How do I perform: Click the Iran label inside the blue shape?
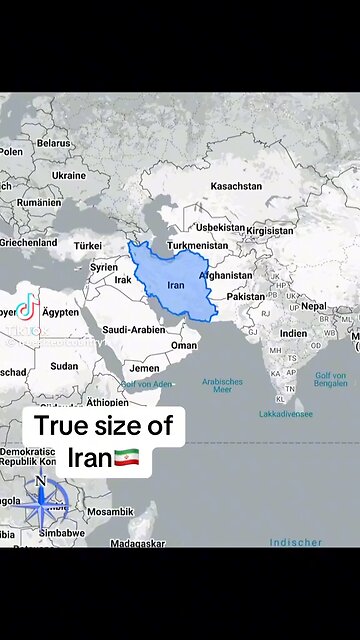[175, 285]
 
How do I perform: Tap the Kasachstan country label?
[236, 186]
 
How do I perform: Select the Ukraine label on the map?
[69, 175]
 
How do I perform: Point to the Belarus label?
[54, 143]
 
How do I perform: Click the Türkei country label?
[88, 245]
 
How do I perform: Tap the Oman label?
[184, 345]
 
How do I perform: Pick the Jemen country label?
[145, 368]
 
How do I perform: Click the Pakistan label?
[245, 297]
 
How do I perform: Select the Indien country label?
[293, 334]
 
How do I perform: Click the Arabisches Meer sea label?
[222, 386]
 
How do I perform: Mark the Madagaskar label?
[135, 543]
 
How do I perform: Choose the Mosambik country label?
[109, 511]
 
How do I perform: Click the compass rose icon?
[40, 504]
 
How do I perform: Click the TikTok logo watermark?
[27, 306]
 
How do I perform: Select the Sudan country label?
[64, 366]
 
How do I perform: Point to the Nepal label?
[314, 306]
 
